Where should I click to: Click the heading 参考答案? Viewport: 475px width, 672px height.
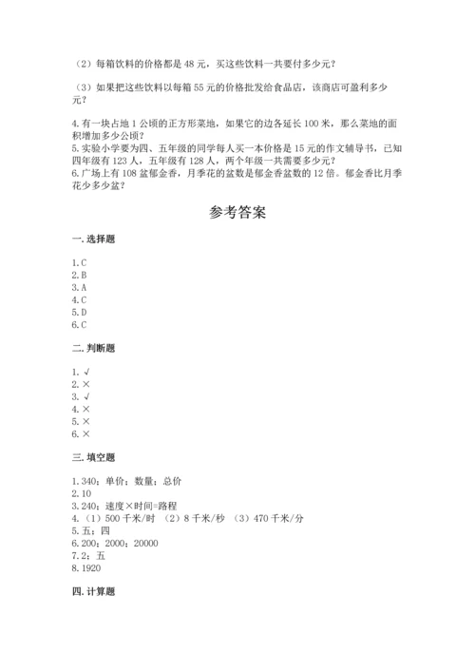pyautogui.click(x=237, y=212)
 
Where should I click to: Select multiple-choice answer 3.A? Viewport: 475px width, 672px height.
pyautogui.click(x=79, y=286)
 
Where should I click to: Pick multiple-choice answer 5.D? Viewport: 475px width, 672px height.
pyautogui.click(x=79, y=311)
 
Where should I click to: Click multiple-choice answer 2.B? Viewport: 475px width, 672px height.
pyautogui.click(x=79, y=274)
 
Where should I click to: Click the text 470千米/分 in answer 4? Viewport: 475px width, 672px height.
pyautogui.click(x=282, y=518)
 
